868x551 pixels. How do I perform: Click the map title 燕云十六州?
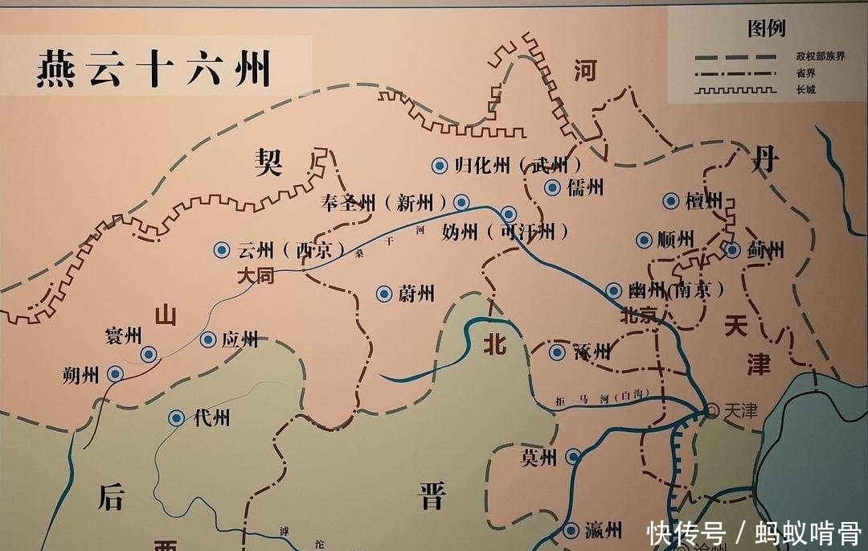click(x=152, y=69)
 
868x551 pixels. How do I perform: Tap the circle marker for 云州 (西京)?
click(x=221, y=250)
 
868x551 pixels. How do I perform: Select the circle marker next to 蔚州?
click(x=384, y=294)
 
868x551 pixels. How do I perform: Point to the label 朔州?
click(x=80, y=374)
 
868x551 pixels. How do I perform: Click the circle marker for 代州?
click(x=176, y=417)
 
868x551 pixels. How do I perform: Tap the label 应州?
click(x=240, y=339)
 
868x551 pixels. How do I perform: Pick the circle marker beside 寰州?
click(x=149, y=354)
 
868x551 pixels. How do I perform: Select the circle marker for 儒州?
click(x=552, y=188)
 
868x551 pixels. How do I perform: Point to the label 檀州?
click(x=703, y=201)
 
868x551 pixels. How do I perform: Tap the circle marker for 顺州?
click(x=644, y=240)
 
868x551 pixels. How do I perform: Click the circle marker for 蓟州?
click(x=732, y=250)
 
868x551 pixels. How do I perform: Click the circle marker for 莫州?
click(x=572, y=457)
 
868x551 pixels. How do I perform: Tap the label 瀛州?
click(x=604, y=530)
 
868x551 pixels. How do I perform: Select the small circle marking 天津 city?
click(x=712, y=410)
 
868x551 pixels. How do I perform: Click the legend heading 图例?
click(x=766, y=29)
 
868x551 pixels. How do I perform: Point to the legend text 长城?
click(x=804, y=89)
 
